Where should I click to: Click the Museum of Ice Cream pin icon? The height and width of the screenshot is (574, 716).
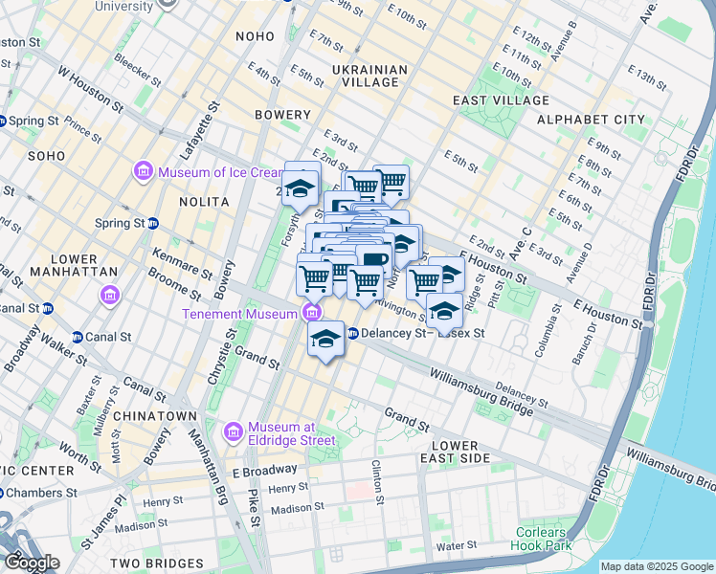click(144, 172)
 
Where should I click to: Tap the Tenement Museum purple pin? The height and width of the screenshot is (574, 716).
click(311, 313)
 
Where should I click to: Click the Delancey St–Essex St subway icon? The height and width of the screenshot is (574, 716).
click(352, 334)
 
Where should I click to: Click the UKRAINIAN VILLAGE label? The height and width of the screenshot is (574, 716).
click(369, 77)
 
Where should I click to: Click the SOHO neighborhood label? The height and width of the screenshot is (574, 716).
click(46, 155)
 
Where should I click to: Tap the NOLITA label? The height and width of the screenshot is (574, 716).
click(204, 202)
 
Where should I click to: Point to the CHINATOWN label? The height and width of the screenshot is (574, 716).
click(155, 417)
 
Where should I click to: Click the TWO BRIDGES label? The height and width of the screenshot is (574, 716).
click(155, 563)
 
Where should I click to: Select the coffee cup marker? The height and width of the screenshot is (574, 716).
click(374, 259)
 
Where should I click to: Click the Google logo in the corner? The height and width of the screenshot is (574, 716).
click(31, 563)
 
